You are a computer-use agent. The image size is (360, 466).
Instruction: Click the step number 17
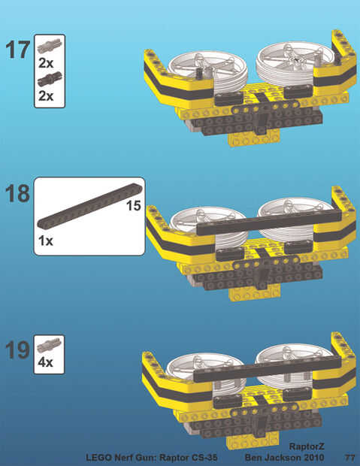pyautogui.click(x=17, y=50)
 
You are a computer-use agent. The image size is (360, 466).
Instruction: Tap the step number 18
pyautogui.click(x=17, y=193)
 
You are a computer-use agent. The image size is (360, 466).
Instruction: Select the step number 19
pyautogui.click(x=17, y=349)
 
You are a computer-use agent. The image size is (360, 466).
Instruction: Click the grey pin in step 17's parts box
pyautogui.click(x=50, y=45)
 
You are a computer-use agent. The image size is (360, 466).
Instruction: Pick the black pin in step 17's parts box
pyautogui.click(x=50, y=78)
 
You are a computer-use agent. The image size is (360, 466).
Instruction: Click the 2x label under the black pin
pyautogui.click(x=46, y=95)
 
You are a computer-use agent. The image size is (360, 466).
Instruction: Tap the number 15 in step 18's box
pyautogui.click(x=134, y=206)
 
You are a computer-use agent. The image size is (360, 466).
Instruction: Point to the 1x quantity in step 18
pyautogui.click(x=46, y=241)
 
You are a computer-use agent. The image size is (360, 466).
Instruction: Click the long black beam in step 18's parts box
pyautogui.click(x=89, y=206)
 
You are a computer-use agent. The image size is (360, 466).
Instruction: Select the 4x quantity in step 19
pyautogui.click(x=46, y=362)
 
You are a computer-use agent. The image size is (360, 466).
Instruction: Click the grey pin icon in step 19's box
pyautogui.click(x=50, y=345)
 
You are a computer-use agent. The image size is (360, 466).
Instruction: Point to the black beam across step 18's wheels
pyautogui.click(x=269, y=222)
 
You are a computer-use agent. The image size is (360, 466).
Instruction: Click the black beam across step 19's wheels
pyautogui.click(x=267, y=368)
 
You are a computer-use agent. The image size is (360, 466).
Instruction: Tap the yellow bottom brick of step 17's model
pyautogui.click(x=253, y=138)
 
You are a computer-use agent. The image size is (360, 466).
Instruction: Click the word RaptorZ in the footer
pyautogui.click(x=307, y=446)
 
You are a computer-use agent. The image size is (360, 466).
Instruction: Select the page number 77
pyautogui.click(x=350, y=457)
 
